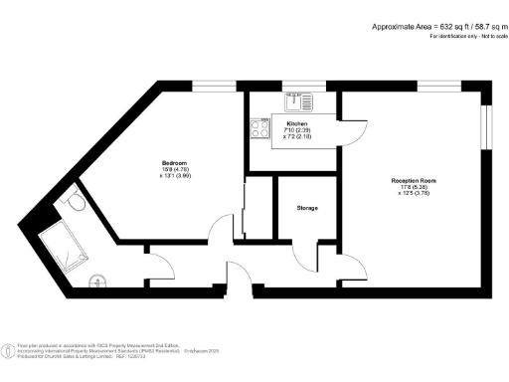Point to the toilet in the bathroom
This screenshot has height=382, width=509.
click(73, 202)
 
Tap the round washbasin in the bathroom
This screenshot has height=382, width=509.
click(97, 280)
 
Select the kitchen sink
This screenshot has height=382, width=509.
click(297, 100)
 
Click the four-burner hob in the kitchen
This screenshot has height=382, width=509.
click(261, 127)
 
